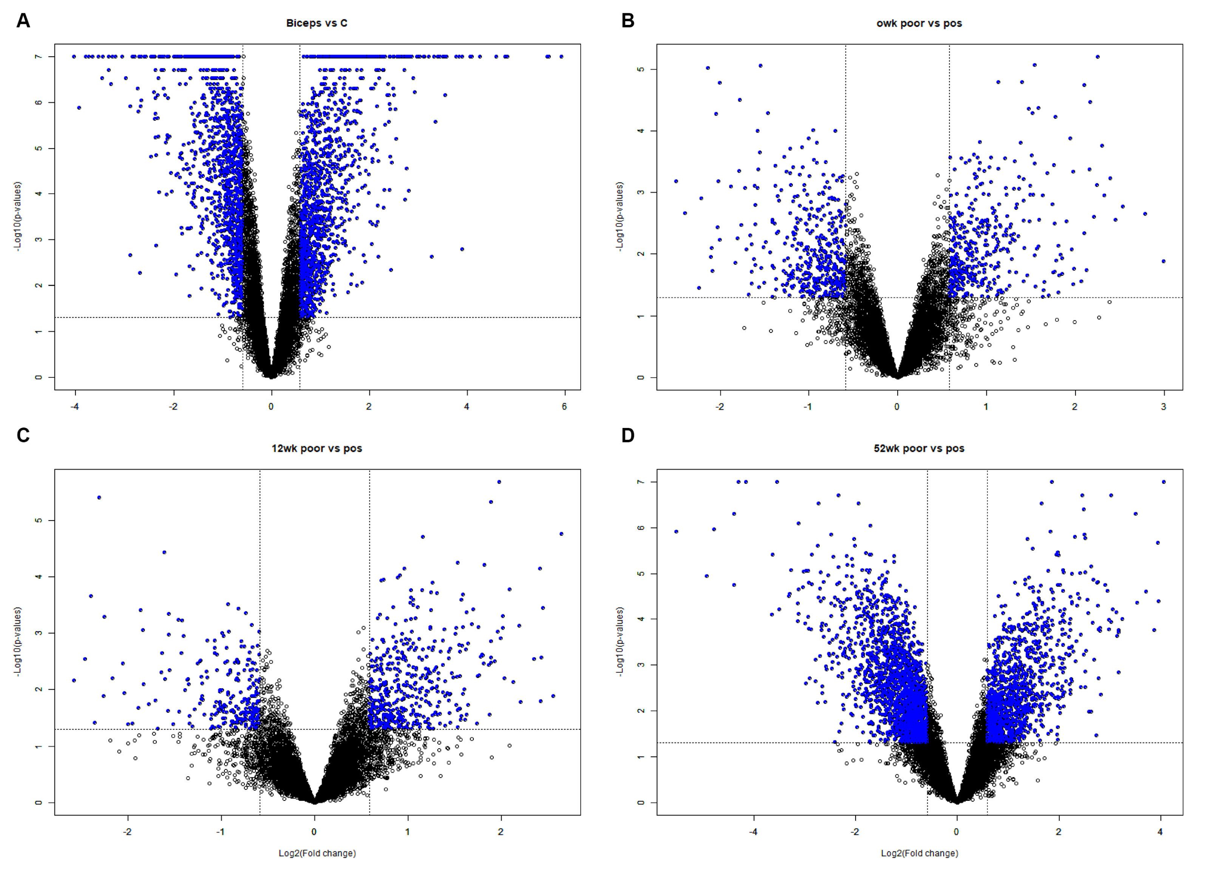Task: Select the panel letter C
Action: point(23,435)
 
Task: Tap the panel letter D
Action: point(627,435)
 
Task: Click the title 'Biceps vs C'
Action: point(317,23)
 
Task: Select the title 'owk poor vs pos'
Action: point(919,23)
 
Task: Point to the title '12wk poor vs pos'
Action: point(317,448)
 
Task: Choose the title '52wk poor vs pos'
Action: point(919,448)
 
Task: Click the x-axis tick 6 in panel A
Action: point(564,406)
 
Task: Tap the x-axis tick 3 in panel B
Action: point(1163,406)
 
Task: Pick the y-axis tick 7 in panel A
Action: point(38,57)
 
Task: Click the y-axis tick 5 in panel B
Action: point(640,70)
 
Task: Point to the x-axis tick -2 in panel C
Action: point(127,831)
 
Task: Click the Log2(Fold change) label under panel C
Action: point(317,853)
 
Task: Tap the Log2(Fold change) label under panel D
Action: point(919,853)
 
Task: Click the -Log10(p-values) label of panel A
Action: point(18,216)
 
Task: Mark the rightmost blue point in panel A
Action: point(561,57)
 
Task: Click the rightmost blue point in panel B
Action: point(1163,261)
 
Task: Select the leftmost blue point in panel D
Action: point(676,531)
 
